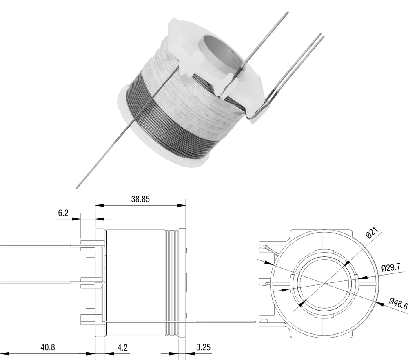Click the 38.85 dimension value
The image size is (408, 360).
[x=140, y=199]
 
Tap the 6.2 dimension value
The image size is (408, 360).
[x=63, y=213]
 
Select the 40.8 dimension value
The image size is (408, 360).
[x=48, y=347]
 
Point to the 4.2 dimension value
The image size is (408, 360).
[x=122, y=347]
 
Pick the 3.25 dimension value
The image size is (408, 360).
[x=203, y=347]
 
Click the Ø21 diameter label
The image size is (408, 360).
[x=372, y=233]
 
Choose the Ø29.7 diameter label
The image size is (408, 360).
[x=391, y=267]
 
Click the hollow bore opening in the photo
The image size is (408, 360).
[x=221, y=52]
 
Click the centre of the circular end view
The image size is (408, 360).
[x=324, y=283]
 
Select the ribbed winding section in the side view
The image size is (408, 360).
[x=172, y=283]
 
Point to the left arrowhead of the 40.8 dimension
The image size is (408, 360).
[x=4, y=354]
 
